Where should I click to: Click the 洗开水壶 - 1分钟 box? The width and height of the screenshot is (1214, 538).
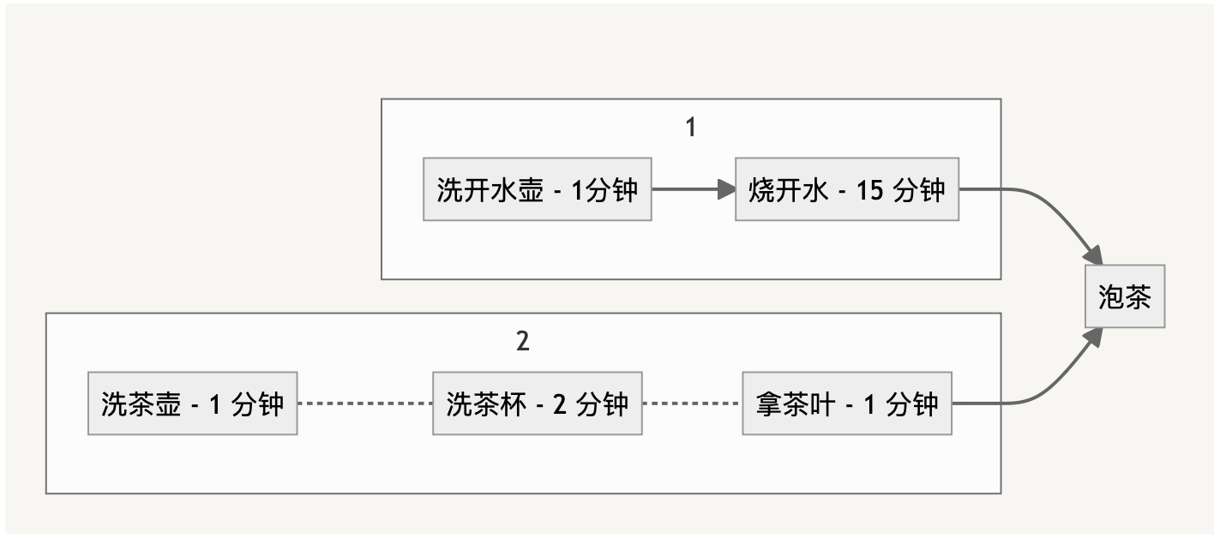coord(537,189)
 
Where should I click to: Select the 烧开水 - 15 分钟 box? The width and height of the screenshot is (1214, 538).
coord(846,189)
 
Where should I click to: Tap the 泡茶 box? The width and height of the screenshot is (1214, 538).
coord(1124,296)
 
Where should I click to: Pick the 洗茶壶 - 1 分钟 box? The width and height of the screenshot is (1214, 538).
coord(192,403)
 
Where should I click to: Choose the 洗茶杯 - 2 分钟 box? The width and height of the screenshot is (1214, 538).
coord(537,403)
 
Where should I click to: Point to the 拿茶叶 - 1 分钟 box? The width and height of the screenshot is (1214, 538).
coord(846,403)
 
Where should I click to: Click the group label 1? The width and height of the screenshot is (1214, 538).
coord(691,128)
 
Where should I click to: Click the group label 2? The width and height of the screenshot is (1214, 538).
coord(523,342)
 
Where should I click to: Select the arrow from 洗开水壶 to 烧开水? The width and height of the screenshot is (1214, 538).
coord(686,189)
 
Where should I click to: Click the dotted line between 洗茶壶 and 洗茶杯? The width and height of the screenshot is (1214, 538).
coord(364,403)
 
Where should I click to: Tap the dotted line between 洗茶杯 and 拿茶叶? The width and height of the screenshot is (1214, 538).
coord(691,403)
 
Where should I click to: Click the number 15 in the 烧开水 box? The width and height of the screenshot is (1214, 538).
coord(869,190)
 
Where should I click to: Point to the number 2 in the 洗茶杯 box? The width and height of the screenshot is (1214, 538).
coord(560,404)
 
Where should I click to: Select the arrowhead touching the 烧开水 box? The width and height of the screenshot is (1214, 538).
coord(726,189)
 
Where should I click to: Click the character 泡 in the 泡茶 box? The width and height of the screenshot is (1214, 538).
coord(1110,297)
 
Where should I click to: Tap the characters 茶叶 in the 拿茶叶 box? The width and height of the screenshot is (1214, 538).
coord(811,404)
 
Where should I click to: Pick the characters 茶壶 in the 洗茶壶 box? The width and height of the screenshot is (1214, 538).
coord(154,404)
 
